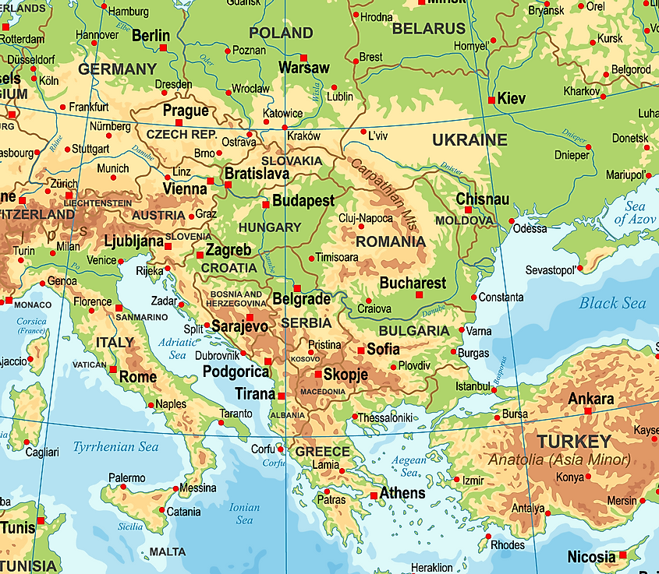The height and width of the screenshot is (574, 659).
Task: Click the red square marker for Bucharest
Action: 419,295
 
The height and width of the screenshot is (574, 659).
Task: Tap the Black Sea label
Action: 612,303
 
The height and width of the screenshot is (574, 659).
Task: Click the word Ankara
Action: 590,399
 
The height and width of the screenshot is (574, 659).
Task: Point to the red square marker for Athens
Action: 374,495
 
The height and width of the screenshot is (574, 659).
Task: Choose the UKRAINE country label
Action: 469,141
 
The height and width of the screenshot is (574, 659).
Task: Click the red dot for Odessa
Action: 512,221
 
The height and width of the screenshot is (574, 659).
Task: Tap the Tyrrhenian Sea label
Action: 115,447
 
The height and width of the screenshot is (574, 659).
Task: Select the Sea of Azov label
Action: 629,213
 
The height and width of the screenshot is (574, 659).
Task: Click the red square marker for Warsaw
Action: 304,58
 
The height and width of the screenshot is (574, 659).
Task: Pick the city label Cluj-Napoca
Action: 365,218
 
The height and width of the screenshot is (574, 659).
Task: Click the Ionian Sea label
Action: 244,514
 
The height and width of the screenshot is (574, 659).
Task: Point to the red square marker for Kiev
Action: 491,100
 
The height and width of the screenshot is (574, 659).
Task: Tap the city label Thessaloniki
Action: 386,417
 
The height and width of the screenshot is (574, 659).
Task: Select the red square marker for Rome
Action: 113,370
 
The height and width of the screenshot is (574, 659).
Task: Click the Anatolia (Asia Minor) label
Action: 559,460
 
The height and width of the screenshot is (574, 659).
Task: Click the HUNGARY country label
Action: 269,227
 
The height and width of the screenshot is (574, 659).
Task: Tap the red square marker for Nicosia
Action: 622,555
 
